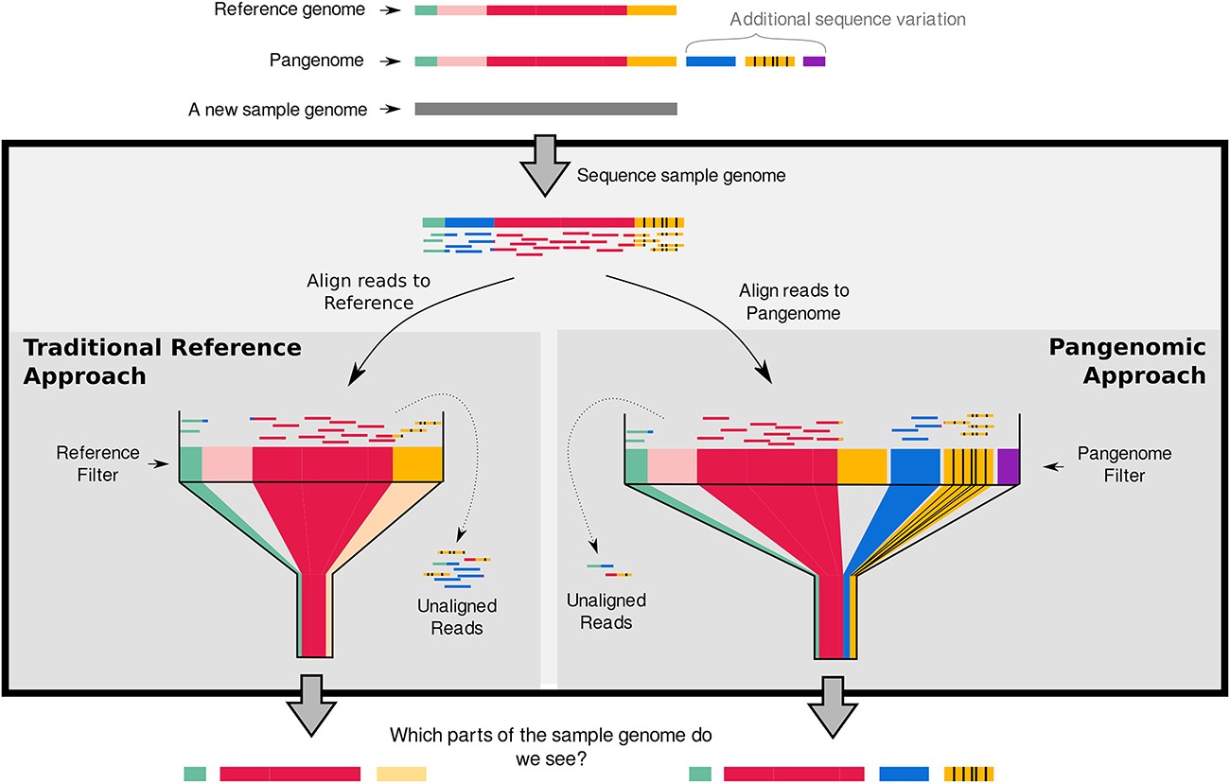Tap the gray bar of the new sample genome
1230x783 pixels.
546,110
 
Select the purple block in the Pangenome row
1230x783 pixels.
814,61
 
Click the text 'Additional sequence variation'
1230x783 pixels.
848,19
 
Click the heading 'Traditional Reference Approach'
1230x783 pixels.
162,361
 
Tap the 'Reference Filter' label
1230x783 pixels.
98,463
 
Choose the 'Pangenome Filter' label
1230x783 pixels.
1122,464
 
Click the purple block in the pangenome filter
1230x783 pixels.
1008,465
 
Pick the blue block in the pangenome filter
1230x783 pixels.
915,465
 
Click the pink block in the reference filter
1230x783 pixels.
227,463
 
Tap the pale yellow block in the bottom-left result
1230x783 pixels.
401,774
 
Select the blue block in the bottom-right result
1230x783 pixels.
904,774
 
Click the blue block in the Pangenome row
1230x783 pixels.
710,61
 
